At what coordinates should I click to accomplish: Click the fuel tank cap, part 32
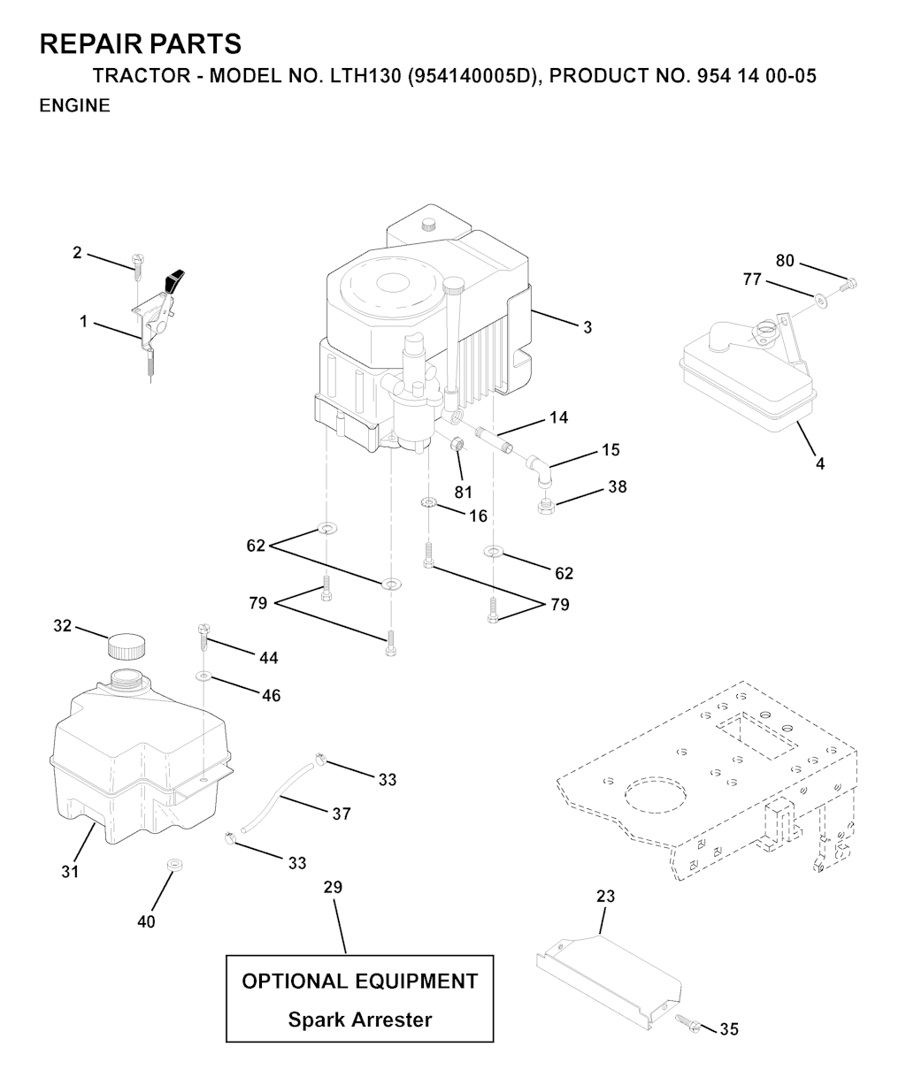(x=126, y=646)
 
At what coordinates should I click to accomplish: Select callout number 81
(x=463, y=491)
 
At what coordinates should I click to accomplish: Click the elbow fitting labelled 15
(x=540, y=470)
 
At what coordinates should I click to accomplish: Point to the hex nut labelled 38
(x=544, y=505)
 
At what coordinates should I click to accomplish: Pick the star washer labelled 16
(x=428, y=502)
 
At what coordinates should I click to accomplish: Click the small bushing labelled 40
(x=175, y=866)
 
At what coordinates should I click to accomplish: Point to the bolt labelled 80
(x=848, y=284)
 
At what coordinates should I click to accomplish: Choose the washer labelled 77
(x=822, y=300)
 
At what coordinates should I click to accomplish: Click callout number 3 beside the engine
(x=587, y=327)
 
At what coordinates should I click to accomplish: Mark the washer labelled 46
(x=203, y=676)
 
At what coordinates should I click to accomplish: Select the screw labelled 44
(x=203, y=638)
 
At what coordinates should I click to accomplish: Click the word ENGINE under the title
(x=75, y=105)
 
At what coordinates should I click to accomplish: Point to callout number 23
(x=605, y=896)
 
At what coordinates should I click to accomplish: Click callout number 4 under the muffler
(x=820, y=463)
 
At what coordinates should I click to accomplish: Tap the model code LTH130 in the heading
(x=366, y=76)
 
